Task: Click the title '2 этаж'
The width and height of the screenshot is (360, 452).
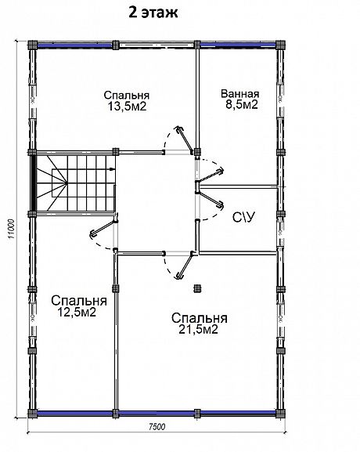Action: point(153,13)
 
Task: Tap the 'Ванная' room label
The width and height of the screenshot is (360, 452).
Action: point(240,94)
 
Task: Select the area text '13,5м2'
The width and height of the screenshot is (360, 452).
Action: point(127,107)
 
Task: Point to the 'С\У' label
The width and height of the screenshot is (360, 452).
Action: point(243,217)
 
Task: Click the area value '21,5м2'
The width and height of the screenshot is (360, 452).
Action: point(198,329)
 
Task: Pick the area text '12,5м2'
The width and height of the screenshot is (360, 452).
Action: point(77,312)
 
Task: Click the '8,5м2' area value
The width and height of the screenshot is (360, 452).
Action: point(241,105)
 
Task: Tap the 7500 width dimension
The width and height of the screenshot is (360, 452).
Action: point(157,427)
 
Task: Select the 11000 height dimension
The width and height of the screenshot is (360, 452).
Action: point(11,230)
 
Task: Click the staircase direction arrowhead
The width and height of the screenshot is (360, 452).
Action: point(113,169)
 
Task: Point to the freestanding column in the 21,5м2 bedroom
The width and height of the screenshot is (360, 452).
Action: point(197,288)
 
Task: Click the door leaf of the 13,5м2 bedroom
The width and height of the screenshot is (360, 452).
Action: point(185,139)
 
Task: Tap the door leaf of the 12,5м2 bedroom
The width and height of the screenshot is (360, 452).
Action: point(103,230)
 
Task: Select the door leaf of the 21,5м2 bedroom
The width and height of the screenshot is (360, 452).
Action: point(185,266)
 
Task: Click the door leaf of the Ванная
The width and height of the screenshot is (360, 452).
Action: point(211,175)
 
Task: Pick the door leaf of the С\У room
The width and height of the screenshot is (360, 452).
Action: point(211,197)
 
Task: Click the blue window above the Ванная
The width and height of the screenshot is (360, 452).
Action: point(238,45)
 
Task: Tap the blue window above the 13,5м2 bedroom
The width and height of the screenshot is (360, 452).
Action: point(74,45)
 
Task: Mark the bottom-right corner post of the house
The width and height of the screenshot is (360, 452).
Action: point(279,414)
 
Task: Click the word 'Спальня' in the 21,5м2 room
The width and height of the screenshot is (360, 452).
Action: point(200,318)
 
